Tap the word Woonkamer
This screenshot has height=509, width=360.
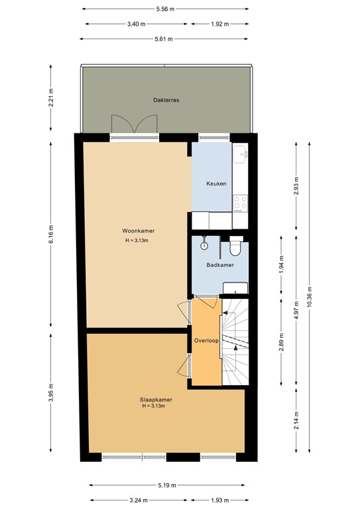pos(138,231)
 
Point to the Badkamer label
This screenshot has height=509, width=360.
pos(219,264)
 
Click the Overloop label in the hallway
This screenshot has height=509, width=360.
pos(206,341)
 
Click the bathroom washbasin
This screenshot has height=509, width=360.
pos(236,286)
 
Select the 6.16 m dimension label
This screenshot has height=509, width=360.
pos(51,234)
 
